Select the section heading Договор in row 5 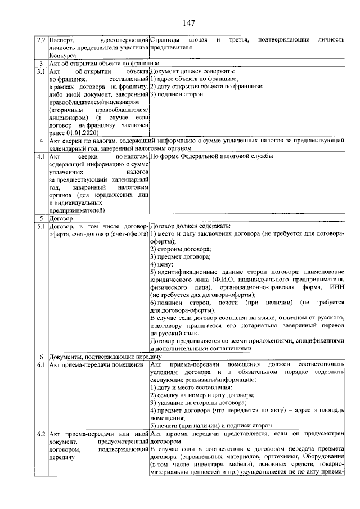61,218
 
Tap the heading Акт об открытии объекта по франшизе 104,64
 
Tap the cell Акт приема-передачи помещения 95,364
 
